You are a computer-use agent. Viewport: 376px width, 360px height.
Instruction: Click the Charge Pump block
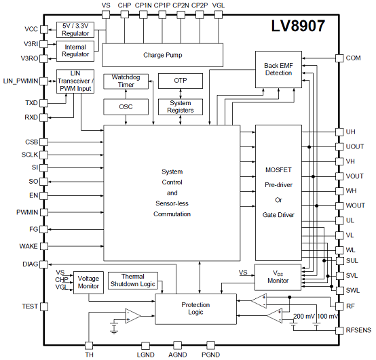[x=163, y=55]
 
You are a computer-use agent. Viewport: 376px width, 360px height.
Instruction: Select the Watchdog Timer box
[x=126, y=81]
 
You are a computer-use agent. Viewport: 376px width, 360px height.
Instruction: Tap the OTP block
[x=181, y=81]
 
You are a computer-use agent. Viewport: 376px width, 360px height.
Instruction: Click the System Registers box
[x=181, y=107]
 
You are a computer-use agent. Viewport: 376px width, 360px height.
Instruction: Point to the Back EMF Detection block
[x=278, y=69]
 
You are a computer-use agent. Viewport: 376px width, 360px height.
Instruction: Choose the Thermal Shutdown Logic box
[x=133, y=280]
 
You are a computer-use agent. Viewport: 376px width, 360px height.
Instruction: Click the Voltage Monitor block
[x=88, y=283]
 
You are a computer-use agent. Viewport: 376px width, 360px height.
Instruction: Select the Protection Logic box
[x=195, y=309]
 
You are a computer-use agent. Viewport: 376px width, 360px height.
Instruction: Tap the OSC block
[x=126, y=107]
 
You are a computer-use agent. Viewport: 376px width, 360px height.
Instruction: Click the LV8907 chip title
[x=298, y=26]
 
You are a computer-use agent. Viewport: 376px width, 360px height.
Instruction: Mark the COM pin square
[x=339, y=58]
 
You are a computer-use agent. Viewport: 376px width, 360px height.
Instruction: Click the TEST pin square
[x=44, y=306]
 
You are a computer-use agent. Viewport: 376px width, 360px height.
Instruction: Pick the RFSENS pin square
[x=339, y=331]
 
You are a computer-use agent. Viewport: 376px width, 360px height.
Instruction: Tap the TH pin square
[x=89, y=346]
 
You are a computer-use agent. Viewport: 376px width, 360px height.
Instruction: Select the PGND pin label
[x=210, y=355]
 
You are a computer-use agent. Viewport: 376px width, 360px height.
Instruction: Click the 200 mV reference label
[x=304, y=317]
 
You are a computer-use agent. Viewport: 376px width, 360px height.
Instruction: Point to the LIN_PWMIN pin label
[x=20, y=81]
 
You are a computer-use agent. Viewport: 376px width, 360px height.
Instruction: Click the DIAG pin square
[x=44, y=264]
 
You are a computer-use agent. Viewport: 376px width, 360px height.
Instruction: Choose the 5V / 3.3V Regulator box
[x=75, y=30]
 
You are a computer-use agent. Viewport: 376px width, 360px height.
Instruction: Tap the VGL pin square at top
[x=219, y=15]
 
